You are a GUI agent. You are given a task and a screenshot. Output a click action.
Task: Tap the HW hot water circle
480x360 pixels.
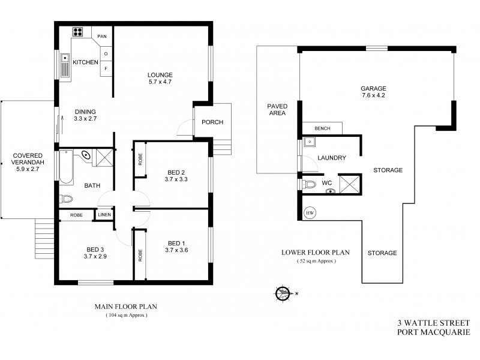point(310,213)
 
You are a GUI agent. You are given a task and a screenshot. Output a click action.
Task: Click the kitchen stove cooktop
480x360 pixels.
point(78,32)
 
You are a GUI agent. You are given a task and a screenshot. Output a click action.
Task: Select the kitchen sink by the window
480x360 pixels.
point(66,67)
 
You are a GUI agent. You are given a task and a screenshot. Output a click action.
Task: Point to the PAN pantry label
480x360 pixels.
point(102,36)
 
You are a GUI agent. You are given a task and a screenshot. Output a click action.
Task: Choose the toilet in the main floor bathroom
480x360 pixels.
point(66,199)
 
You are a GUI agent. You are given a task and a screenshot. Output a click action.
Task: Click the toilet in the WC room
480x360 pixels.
point(309,184)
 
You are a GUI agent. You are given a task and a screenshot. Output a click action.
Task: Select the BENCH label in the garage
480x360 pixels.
point(322,128)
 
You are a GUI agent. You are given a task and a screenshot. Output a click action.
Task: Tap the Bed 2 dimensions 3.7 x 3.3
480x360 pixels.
point(176,178)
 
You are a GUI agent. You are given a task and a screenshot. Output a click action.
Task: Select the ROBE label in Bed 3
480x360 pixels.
point(76,215)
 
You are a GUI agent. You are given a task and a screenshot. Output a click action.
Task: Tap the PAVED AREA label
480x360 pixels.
point(277,109)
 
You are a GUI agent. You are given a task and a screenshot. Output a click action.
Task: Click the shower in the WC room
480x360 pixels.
point(349,183)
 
